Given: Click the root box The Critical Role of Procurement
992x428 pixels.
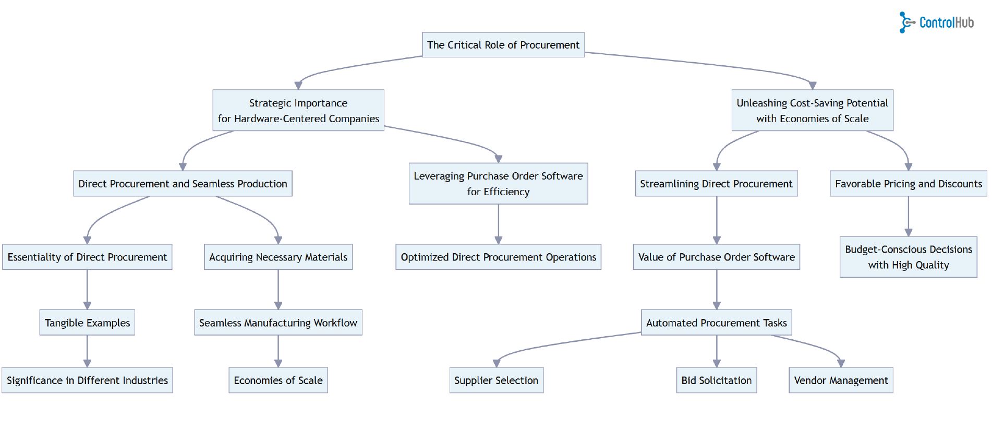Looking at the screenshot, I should [x=503, y=45].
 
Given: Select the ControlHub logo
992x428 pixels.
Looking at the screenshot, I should [x=937, y=22].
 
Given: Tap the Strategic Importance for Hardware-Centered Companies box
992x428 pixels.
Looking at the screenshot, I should [x=298, y=110].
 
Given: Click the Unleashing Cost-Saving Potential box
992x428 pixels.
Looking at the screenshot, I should [x=812, y=110].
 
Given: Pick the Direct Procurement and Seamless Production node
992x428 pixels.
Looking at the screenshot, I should [x=183, y=184].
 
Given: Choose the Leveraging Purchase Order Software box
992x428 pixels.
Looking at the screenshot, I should [x=498, y=184].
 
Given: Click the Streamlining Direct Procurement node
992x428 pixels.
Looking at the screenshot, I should [x=716, y=184].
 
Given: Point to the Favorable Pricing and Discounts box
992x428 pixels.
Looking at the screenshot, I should [x=908, y=184].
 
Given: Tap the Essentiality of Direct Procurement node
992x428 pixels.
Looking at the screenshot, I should [x=87, y=257].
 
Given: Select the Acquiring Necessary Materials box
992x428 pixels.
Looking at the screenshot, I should [x=278, y=257].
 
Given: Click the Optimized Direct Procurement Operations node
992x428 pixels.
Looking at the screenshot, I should [x=498, y=257].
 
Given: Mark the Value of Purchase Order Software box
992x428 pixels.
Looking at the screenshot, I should [x=716, y=257].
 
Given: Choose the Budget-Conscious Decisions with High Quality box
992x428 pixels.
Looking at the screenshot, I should [x=908, y=257].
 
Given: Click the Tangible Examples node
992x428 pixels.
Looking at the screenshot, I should [x=87, y=323].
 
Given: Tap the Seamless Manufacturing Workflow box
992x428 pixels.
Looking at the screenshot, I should [x=278, y=323].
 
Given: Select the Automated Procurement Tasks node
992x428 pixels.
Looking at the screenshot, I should [x=716, y=323].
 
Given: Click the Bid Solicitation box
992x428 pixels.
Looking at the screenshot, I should [x=716, y=381].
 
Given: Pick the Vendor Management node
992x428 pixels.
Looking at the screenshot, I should [x=841, y=381].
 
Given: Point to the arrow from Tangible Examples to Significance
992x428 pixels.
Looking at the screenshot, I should [x=87, y=351].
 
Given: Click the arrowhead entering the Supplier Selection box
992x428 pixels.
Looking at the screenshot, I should [x=497, y=363].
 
